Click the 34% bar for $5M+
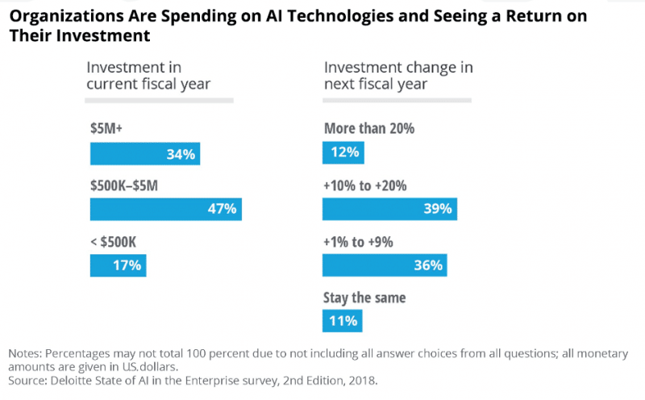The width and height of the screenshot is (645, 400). [x=144, y=153]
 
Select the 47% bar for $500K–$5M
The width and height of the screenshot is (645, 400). [x=165, y=209]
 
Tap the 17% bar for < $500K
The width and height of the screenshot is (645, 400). [x=118, y=265]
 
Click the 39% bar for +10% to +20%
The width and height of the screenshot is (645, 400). [x=389, y=209]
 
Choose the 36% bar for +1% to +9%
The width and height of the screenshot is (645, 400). [x=385, y=265]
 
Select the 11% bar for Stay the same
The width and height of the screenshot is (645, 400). [x=342, y=321]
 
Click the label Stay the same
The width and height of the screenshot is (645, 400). [x=364, y=298]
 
